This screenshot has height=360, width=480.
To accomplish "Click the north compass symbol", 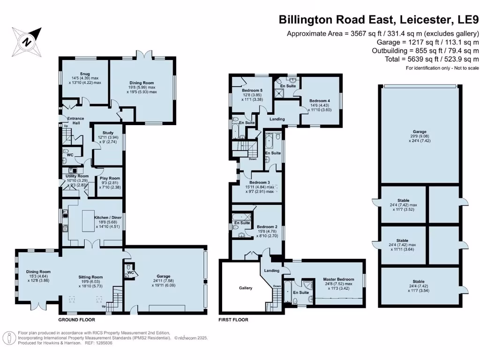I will [27, 41].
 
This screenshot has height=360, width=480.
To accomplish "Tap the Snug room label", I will [85, 73].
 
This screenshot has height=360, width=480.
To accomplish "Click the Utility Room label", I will [77, 176].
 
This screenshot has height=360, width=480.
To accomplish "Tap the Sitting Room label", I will [90, 277].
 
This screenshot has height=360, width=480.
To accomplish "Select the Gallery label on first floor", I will [246, 288].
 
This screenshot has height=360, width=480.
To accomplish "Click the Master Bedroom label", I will [339, 279].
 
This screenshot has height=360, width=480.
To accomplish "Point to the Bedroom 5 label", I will [253, 90].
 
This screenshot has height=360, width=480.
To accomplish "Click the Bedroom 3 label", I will [260, 182].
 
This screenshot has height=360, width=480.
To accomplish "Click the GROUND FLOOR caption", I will [76, 320].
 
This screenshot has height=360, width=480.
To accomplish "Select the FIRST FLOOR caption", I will [233, 320].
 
